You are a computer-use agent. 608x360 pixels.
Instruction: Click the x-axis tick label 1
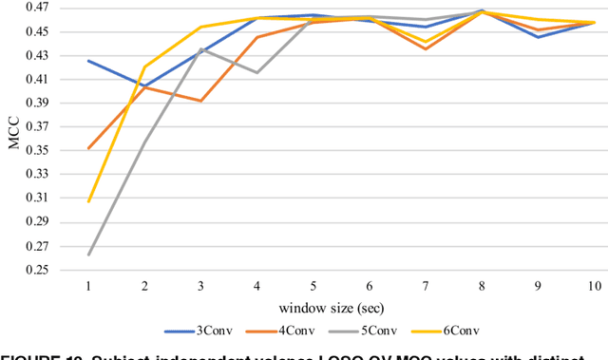pos(88,286)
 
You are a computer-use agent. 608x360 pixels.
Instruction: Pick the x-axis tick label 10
pos(594,286)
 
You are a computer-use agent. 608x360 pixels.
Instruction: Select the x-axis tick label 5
pos(313,286)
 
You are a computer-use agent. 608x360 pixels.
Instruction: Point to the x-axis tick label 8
pos(482,286)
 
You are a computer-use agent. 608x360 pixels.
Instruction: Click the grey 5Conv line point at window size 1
pos(88,255)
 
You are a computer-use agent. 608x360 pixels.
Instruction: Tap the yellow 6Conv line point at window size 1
pos(88,201)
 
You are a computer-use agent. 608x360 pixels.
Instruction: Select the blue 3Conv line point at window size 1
pos(88,61)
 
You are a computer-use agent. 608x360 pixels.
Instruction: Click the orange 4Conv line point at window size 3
pos(200,101)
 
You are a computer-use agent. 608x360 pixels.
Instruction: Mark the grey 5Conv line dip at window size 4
pos(256,72)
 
